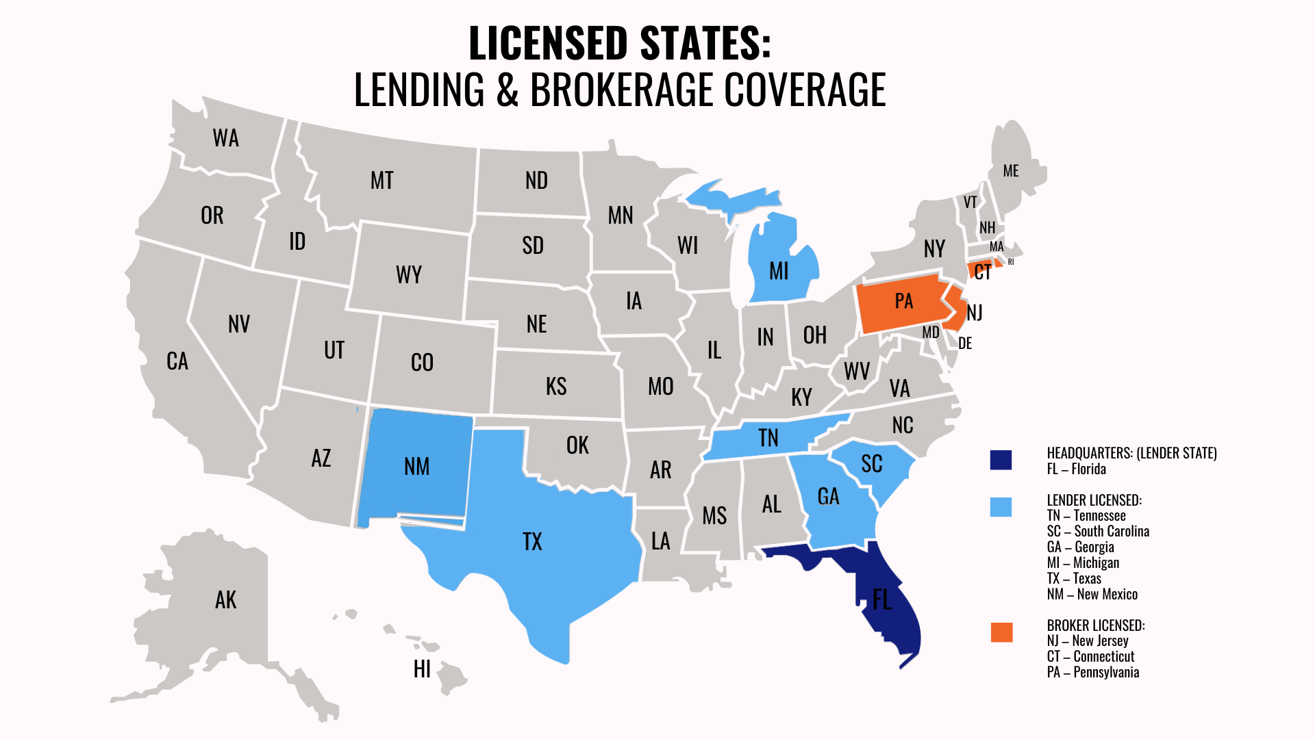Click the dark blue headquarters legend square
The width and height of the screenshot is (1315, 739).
pos(1001,460)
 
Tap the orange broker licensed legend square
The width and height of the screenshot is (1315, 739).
pos(1001,632)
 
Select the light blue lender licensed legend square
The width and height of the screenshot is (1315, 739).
pos(1001,506)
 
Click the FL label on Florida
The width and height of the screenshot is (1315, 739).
pos(881,600)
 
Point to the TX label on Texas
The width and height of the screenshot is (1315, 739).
pos(532,542)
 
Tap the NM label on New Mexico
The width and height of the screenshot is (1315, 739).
pos(416,467)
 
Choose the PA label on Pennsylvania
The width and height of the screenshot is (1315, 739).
pos(903,301)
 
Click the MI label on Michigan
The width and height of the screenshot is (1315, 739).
pos(779,272)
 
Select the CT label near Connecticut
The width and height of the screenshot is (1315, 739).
pos(982,272)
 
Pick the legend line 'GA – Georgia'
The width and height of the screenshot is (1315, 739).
pos(1080,547)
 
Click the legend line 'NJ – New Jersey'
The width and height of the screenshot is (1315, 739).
pos(1088,640)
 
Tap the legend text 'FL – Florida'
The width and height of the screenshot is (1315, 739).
pos(1076,469)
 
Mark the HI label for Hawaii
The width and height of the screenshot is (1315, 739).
pos(422,669)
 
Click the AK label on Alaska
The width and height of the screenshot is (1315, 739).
pos(225,600)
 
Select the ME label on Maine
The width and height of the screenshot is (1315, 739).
pos(1010,171)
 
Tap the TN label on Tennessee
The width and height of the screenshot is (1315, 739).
pos(768,438)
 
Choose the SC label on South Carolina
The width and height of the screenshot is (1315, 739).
pos(871,464)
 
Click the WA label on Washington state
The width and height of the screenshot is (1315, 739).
pos(225,138)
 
